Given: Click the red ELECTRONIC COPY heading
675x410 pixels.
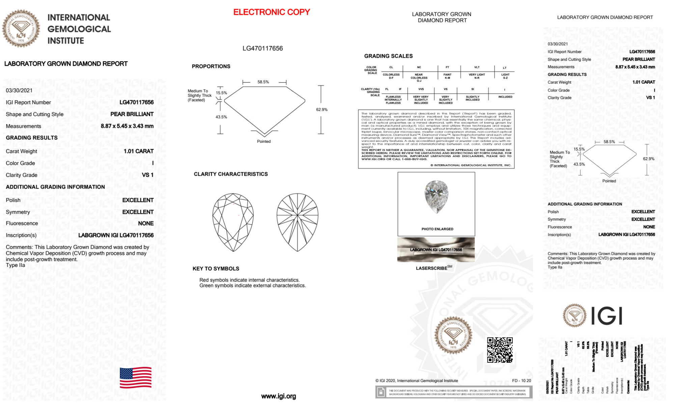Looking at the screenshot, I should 272,12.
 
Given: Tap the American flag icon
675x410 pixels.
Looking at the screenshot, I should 136,378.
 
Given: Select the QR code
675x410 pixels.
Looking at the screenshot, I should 500,350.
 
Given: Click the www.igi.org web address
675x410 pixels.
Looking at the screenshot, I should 278,396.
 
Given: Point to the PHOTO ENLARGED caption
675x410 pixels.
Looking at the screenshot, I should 437,229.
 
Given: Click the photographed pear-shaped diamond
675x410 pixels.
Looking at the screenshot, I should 437,196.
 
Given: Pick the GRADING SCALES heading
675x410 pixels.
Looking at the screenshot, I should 388,56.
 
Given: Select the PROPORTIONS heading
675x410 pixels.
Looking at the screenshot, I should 211,66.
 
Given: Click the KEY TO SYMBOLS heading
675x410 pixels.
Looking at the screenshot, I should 216,269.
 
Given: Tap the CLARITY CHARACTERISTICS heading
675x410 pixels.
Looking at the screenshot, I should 231,174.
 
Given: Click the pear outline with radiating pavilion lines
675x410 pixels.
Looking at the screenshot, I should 297,222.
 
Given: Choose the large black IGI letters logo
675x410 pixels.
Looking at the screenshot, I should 607,316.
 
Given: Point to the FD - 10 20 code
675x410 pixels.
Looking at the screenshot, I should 521,381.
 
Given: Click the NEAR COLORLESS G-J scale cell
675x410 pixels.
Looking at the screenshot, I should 419,78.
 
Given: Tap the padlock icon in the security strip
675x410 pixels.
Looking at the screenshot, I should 381,392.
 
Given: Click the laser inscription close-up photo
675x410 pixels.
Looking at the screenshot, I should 436,250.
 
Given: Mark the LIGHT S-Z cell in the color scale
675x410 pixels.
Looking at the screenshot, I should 505,76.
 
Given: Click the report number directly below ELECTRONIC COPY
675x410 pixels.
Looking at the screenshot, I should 262,48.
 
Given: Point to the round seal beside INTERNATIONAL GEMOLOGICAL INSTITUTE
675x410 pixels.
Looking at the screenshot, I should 21,28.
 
